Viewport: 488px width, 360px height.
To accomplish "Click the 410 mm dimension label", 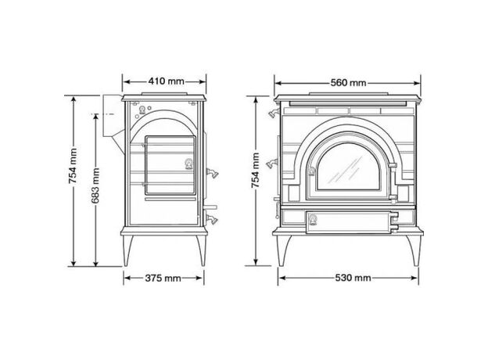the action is [x=167, y=81].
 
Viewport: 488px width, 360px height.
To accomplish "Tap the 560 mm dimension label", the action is [x=348, y=83].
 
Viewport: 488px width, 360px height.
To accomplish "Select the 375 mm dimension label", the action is [x=163, y=278].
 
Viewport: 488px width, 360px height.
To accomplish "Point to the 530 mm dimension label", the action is [x=353, y=278].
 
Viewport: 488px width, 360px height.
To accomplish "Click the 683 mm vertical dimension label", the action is [x=95, y=185].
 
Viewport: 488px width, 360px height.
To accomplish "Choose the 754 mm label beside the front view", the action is [x=256, y=170].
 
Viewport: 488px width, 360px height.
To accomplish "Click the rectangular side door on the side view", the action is [x=170, y=165].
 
